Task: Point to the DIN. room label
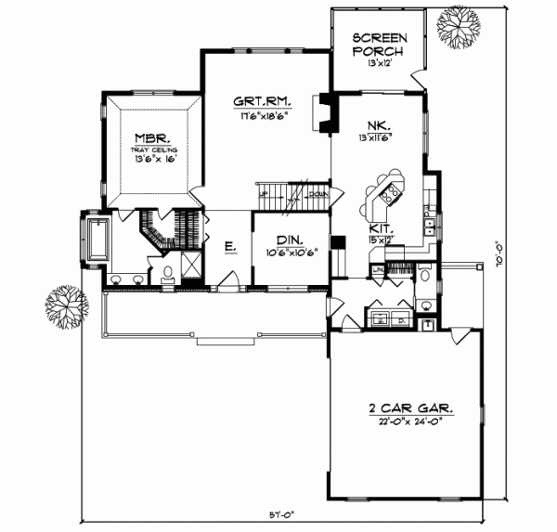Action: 287,239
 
